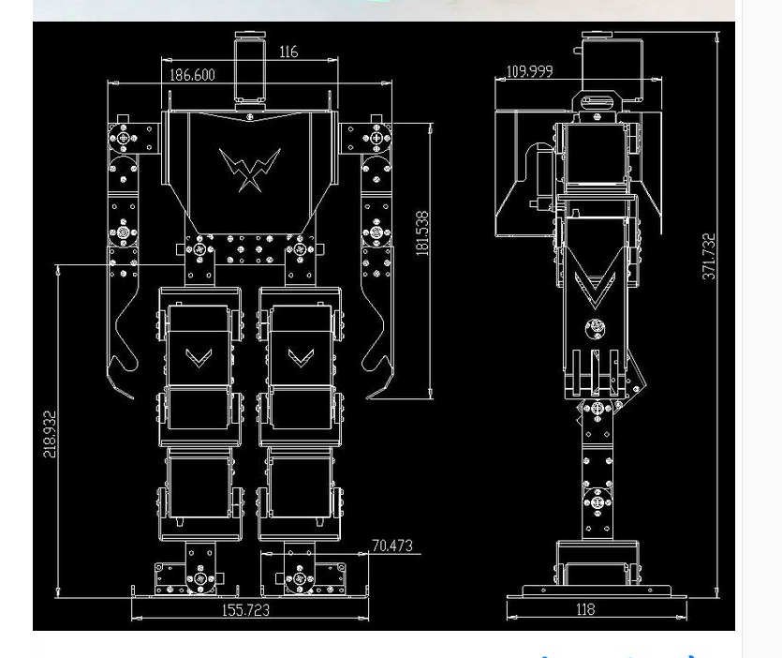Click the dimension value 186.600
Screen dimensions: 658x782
[192, 75]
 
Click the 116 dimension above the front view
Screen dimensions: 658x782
[288, 52]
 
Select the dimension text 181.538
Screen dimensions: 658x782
[422, 233]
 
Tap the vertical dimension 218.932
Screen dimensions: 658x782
[51, 433]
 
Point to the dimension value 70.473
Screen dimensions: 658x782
[391, 546]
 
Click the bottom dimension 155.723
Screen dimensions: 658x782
[245, 610]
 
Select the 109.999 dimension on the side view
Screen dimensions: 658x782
[529, 71]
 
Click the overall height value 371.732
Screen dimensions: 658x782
[709, 256]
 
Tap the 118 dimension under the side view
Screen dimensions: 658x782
[584, 609]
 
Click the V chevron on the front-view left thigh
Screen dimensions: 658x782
[198, 357]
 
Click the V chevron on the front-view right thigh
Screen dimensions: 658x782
[300, 357]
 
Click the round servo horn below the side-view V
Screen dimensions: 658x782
[595, 328]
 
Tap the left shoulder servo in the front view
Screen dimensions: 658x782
[124, 139]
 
